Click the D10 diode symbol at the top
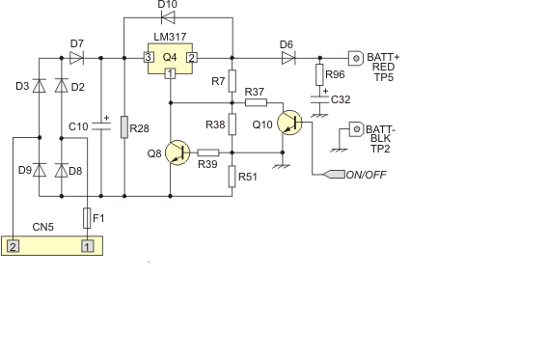pyautogui.click(x=168, y=17)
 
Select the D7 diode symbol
pyautogui.click(x=76, y=58)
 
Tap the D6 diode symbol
pyautogui.click(x=288, y=58)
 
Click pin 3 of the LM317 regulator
pyautogui.click(x=149, y=58)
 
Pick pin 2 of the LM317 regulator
pyautogui.click(x=192, y=58)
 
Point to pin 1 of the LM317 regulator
pyautogui.click(x=170, y=73)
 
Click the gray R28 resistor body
pyautogui.click(x=124, y=127)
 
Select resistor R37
pyautogui.click(x=256, y=102)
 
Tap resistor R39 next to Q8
pyautogui.click(x=208, y=152)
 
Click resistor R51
pyautogui.click(x=232, y=177)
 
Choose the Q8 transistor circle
pyautogui.click(x=178, y=152)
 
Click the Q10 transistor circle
pyautogui.click(x=289, y=123)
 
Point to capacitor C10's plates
pyautogui.click(x=101, y=126)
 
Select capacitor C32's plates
pyautogui.click(x=319, y=99)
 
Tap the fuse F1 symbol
pyautogui.click(x=87, y=218)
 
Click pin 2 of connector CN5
pyautogui.click(x=13, y=247)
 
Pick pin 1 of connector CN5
pyautogui.click(x=88, y=247)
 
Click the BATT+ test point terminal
pyautogui.click(x=356, y=58)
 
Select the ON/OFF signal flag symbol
pyautogui.click(x=334, y=174)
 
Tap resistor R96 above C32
pyautogui.click(x=319, y=74)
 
